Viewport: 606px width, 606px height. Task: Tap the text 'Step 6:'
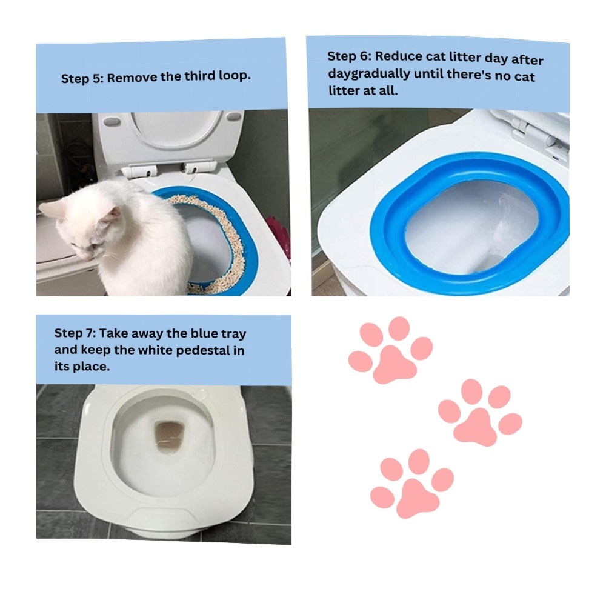point(350,56)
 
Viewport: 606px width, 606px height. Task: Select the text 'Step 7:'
point(75,333)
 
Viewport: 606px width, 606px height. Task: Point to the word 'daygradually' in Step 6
point(369,73)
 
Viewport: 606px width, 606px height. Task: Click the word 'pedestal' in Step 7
point(201,350)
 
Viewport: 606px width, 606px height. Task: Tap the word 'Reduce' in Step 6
point(398,56)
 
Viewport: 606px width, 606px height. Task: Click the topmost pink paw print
point(390,350)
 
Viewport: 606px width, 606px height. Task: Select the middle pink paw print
point(480,413)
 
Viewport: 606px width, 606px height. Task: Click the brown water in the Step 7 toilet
point(169,436)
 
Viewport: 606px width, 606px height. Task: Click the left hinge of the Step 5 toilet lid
point(138,170)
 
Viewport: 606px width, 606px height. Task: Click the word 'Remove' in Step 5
point(132,78)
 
